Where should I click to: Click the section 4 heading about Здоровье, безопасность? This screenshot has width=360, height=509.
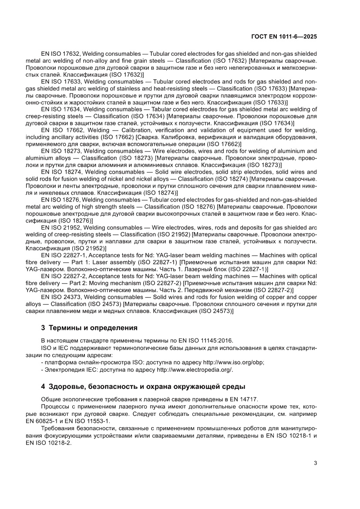click(x=143, y=386)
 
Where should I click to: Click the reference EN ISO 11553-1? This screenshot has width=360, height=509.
click(x=91, y=421)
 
